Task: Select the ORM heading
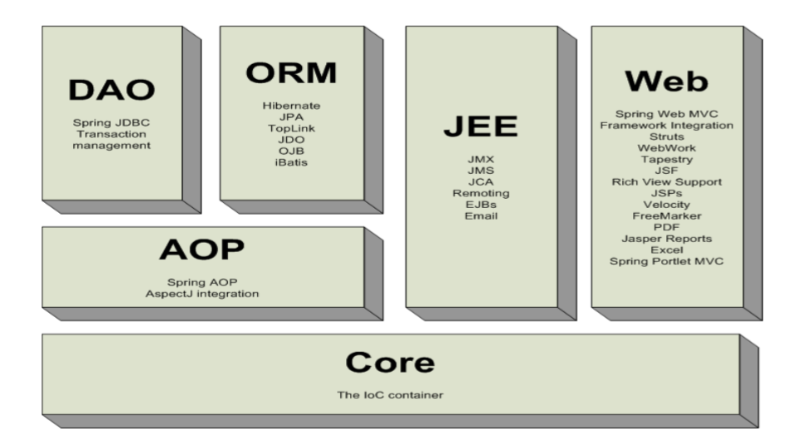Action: pos(291,72)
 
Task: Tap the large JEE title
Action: pos(480,126)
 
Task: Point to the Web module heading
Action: pos(666,81)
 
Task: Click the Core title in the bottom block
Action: pos(389,363)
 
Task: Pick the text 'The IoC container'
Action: pos(390,394)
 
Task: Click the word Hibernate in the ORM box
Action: pos(290,106)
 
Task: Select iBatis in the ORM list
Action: pos(290,162)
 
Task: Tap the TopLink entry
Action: pos(290,128)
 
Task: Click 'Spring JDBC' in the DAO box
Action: pos(111,122)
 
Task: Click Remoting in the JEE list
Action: pos(481,192)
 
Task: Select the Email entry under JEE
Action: pos(481,216)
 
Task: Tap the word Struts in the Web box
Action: pos(666,136)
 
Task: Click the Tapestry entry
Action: pos(666,159)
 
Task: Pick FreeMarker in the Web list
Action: pos(666,216)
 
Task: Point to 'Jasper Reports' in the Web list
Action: pos(666,239)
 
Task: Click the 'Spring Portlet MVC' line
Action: pos(666,261)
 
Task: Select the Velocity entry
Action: pos(666,205)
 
